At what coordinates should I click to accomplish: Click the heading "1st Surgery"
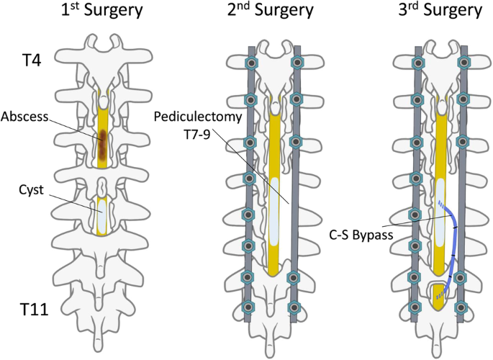(103, 12)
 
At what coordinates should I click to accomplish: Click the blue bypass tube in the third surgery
(455, 238)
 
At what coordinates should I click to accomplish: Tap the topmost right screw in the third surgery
(462, 63)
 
